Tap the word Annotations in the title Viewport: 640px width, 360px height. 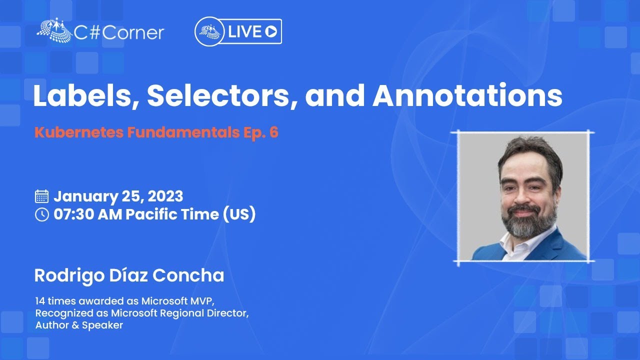[467, 95]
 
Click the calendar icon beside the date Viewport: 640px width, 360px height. [41, 196]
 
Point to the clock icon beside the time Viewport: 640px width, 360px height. [41, 214]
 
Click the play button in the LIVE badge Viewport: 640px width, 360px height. [271, 31]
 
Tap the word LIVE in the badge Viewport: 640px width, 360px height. [244, 31]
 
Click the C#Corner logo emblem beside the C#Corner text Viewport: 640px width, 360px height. [54, 30]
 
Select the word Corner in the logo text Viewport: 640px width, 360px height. [133, 33]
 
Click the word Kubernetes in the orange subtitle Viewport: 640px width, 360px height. [79, 132]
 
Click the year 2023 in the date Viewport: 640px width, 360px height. [165, 196]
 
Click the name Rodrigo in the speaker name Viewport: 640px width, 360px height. [69, 276]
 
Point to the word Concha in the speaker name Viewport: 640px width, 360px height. [188, 275]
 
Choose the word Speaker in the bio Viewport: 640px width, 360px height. [102, 325]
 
